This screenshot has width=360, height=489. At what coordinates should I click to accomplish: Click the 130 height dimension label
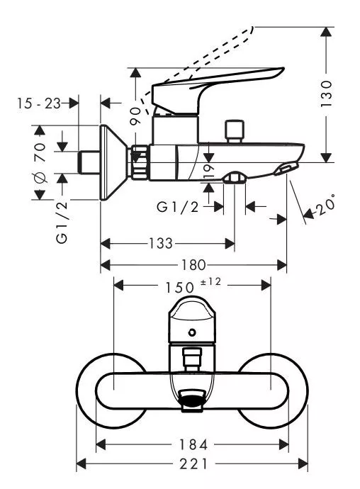click(326, 94)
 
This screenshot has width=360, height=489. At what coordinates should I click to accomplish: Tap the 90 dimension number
click(135, 116)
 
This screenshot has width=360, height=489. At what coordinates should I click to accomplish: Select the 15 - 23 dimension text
click(39, 103)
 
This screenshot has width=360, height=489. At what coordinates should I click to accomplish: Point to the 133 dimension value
click(160, 243)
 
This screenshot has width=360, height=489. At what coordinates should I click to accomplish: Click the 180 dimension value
click(193, 265)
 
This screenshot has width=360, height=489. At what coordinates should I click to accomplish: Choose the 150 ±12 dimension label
click(193, 286)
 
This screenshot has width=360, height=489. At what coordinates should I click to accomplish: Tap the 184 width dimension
click(193, 445)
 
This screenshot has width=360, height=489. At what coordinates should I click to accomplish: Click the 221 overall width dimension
click(193, 463)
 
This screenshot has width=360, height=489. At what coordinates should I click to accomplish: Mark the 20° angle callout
click(326, 206)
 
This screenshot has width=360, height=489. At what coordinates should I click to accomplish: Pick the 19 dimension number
click(208, 171)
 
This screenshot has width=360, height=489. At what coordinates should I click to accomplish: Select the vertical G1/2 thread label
click(62, 223)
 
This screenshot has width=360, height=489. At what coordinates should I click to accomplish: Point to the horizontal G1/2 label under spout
click(177, 206)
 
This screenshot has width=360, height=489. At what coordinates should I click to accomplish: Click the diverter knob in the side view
click(235, 130)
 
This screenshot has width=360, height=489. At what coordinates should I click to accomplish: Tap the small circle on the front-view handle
click(193, 332)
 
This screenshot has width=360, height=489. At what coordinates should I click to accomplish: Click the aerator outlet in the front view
click(192, 400)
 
